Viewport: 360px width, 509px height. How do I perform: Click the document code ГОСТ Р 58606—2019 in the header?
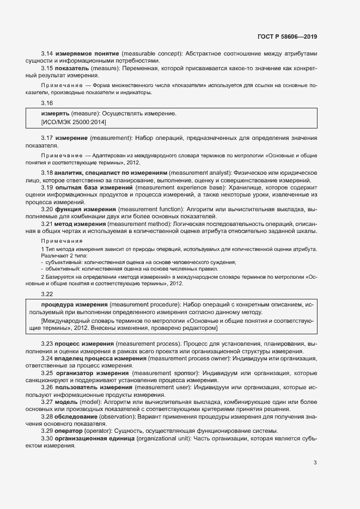coord(286,36)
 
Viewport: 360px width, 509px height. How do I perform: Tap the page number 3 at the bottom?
coord(315,463)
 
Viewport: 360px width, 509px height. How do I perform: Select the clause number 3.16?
coord(47,103)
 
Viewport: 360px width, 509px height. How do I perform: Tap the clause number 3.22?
coord(47,293)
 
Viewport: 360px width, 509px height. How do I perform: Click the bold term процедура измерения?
coord(74,304)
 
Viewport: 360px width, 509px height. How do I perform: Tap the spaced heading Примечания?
coord(62,241)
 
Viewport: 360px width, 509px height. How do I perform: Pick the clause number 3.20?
coord(47,209)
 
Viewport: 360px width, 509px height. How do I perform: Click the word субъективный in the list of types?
coord(64,262)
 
